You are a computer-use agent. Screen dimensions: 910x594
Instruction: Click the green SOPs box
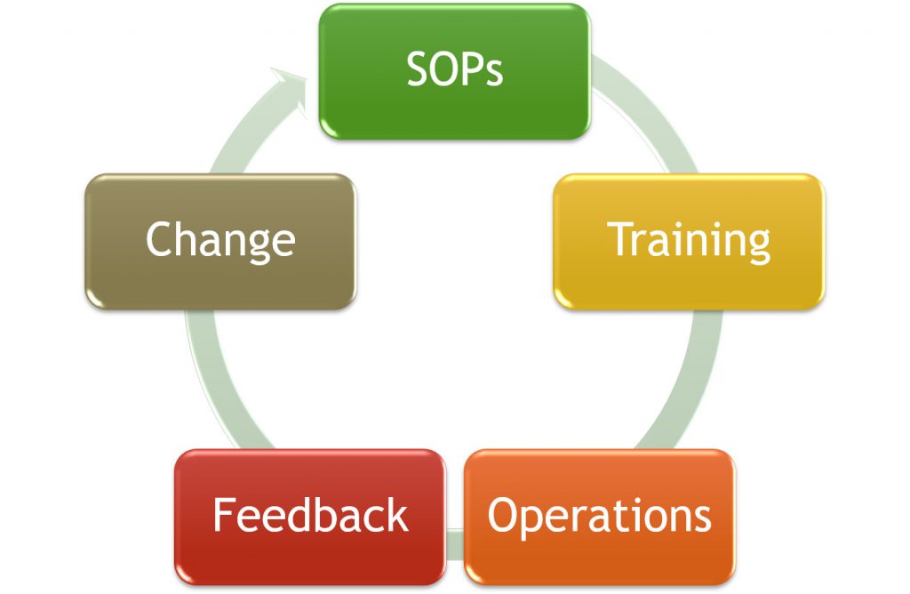pos(454,71)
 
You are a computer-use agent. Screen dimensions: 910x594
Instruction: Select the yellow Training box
pos(689,241)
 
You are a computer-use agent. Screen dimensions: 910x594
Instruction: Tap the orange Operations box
pos(600,517)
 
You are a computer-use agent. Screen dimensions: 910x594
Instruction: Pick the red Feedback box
pos(310,517)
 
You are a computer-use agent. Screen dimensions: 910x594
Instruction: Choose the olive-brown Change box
pos(220,241)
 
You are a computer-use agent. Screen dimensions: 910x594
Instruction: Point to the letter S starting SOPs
pos(418,69)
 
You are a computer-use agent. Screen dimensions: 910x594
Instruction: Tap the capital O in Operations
pos(504,515)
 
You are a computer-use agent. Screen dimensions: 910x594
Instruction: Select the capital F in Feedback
pos(223,515)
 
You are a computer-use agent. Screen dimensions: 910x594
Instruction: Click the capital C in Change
pos(160,238)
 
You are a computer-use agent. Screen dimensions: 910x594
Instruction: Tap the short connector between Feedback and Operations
pos(455,544)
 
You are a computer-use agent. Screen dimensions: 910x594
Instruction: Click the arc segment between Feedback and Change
pos(220,383)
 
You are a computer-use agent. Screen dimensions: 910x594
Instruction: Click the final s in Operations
pos(701,518)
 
